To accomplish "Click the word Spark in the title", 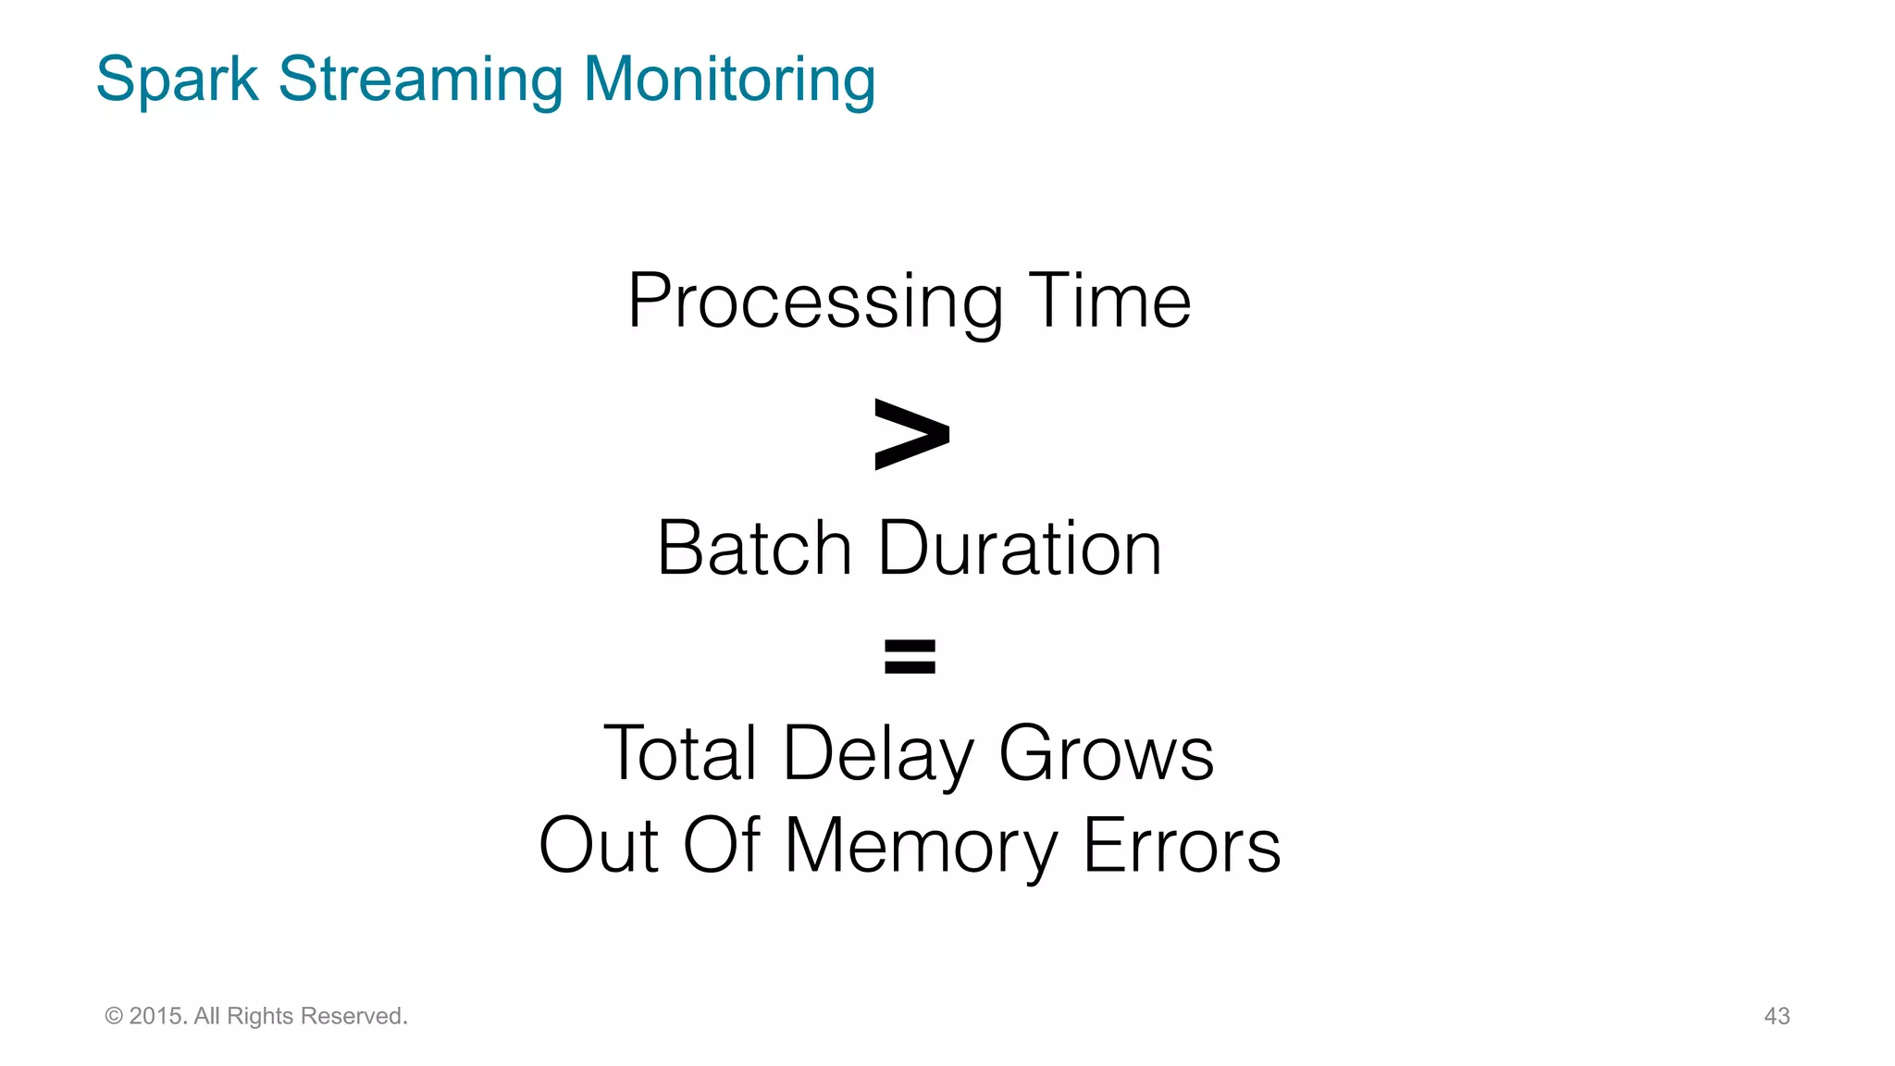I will (x=177, y=81).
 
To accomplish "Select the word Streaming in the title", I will (x=420, y=81).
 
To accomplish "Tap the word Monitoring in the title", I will (x=729, y=81).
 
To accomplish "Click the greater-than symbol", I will (x=911, y=434).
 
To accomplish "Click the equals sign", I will (x=910, y=656).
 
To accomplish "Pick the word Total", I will (x=681, y=753).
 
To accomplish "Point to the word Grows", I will (x=1106, y=753).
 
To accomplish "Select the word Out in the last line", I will (x=599, y=845).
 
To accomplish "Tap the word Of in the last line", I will (x=722, y=845).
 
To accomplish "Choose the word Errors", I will (x=1182, y=845).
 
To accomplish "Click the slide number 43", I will (x=1777, y=1016).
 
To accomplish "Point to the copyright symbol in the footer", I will (x=114, y=1016).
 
